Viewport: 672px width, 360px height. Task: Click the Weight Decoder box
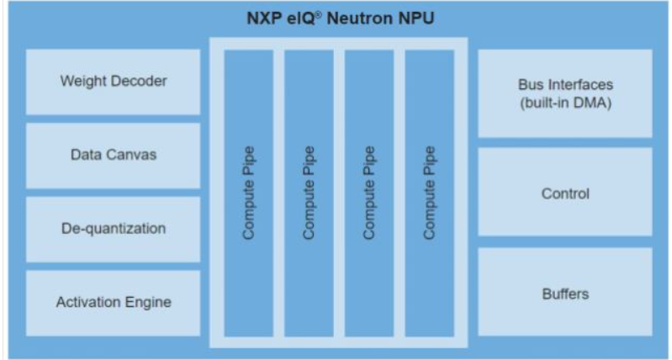coord(114,82)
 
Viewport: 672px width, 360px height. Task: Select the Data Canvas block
coord(114,156)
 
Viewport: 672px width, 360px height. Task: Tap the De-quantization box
coord(114,230)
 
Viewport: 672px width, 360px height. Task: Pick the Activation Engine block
coord(114,303)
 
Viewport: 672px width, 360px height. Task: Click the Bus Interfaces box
coord(565,93)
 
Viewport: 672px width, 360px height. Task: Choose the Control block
coord(565,192)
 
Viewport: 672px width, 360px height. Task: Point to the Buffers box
coord(565,292)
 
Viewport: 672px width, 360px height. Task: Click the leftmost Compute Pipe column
coord(249,193)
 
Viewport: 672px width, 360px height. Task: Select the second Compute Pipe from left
coord(309,193)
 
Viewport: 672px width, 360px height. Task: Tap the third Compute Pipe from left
coord(369,193)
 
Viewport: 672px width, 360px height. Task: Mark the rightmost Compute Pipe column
coord(430,193)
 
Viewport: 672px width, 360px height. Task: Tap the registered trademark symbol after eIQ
coord(318,15)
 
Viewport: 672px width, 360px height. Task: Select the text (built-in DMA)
coord(565,103)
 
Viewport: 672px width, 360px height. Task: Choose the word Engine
coord(148,303)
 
